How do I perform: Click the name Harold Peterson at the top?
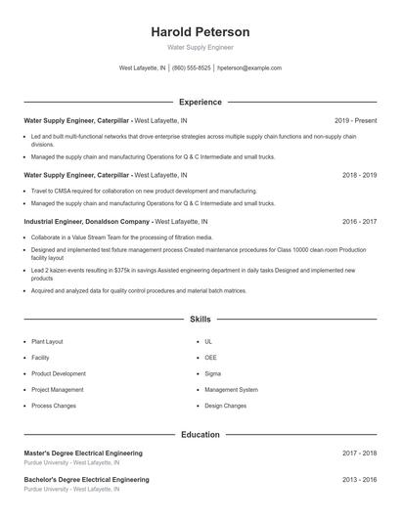pyautogui.click(x=200, y=32)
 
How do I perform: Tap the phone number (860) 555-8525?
pyautogui.click(x=193, y=68)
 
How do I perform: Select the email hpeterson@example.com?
pyautogui.click(x=249, y=68)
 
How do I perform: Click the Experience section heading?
pyautogui.click(x=200, y=102)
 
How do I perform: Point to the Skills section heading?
pyautogui.click(x=200, y=320)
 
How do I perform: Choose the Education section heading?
pyautogui.click(x=200, y=434)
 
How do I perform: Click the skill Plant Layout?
pyautogui.click(x=48, y=342)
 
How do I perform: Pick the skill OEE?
pyautogui.click(x=212, y=358)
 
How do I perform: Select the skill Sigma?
pyautogui.click(x=213, y=373)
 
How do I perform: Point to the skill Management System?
pyautogui.click(x=232, y=389)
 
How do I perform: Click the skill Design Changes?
pyautogui.click(x=225, y=405)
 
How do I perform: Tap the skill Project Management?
pyautogui.click(x=58, y=389)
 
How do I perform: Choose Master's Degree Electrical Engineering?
pyautogui.click(x=83, y=453)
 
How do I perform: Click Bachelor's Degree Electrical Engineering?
pyautogui.click(x=86, y=480)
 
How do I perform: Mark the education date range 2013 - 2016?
pyautogui.click(x=360, y=480)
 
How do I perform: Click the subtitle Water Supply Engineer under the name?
pyautogui.click(x=200, y=47)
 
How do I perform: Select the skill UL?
pyautogui.click(x=208, y=342)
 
